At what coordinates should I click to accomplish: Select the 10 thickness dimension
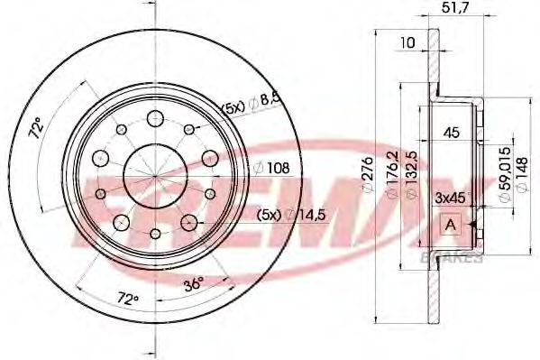pos(409,42)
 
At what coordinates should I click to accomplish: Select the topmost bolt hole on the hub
pos(152,116)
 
